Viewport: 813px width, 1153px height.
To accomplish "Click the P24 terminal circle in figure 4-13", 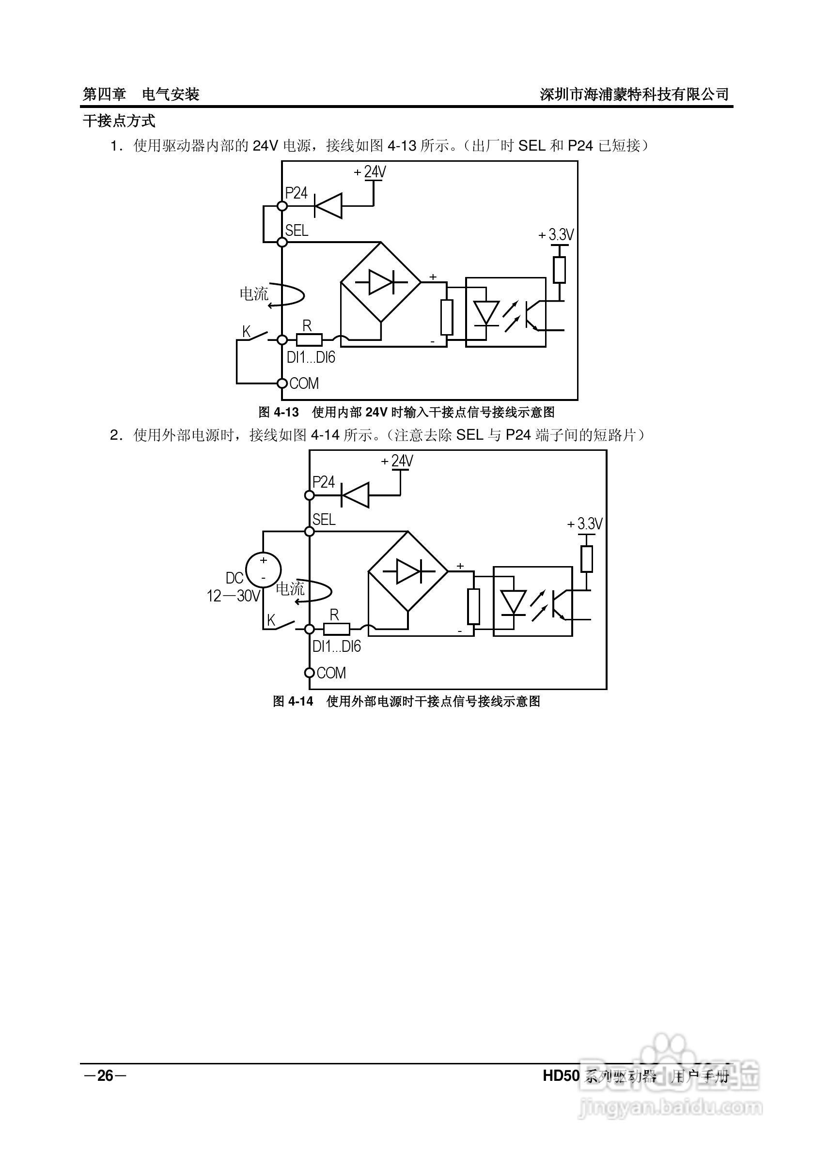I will pyautogui.click(x=282, y=206).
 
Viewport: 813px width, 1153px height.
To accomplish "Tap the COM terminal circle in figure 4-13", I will pyautogui.click(x=282, y=383).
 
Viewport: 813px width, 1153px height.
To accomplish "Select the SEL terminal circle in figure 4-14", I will pyautogui.click(x=310, y=531).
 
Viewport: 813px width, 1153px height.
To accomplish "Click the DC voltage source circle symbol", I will pyautogui.click(x=263, y=569).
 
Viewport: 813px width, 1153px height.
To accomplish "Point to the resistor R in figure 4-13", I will pyautogui.click(x=309, y=340).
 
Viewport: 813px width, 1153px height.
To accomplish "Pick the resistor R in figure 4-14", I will pyautogui.click(x=336, y=629).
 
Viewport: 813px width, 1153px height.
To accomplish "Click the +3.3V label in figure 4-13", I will pyautogui.click(x=556, y=234).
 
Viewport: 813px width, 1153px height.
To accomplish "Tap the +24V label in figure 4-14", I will pyautogui.click(x=397, y=461).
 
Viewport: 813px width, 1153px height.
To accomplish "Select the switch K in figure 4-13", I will pyautogui.click(x=256, y=336).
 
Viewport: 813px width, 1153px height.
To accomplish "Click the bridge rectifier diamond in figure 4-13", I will pyautogui.click(x=381, y=282).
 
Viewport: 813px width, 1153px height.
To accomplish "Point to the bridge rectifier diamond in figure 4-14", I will pyautogui.click(x=408, y=571).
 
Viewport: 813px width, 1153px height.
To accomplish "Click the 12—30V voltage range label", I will pyautogui.click(x=234, y=596).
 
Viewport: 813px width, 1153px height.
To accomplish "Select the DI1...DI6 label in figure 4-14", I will pyautogui.click(x=337, y=646).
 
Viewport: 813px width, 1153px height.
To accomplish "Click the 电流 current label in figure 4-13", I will pyautogui.click(x=254, y=294).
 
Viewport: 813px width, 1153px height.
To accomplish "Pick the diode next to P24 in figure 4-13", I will pyautogui.click(x=328, y=206).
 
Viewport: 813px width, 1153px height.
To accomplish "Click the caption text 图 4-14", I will pyautogui.click(x=293, y=702).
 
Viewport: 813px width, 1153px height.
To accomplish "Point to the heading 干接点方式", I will pyautogui.click(x=119, y=121).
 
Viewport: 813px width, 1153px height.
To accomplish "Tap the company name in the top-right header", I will pyautogui.click(x=634, y=94).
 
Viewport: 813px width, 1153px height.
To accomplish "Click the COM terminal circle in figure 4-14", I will pyautogui.click(x=310, y=673).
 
